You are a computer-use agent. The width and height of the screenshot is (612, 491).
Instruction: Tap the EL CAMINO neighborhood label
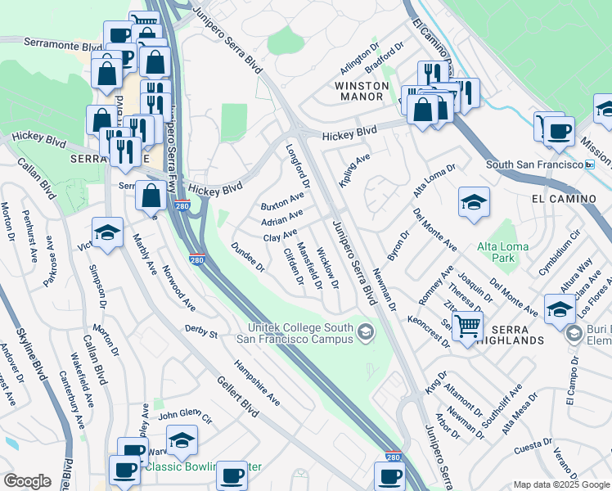(x=560, y=199)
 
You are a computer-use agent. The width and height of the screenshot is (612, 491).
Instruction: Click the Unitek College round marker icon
(x=366, y=331)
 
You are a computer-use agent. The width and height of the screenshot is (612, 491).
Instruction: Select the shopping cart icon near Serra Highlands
(x=466, y=327)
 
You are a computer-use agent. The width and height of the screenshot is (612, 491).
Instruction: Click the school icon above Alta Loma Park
(x=474, y=204)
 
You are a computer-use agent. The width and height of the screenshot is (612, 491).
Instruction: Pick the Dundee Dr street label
(x=248, y=256)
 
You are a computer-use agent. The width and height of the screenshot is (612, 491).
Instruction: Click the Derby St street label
(x=201, y=334)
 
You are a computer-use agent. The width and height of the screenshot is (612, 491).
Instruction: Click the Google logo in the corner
(x=27, y=481)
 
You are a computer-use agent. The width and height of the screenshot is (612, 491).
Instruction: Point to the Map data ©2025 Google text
(x=560, y=484)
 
